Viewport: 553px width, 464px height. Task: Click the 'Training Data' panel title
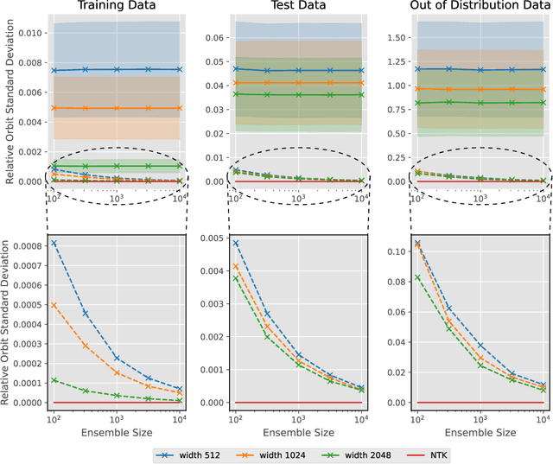point(116,7)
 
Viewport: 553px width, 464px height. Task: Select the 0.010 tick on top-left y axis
point(28,32)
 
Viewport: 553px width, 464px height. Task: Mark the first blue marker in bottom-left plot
point(53,243)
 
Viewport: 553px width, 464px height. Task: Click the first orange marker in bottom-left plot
point(53,304)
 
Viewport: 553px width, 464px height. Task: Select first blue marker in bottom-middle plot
point(235,244)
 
